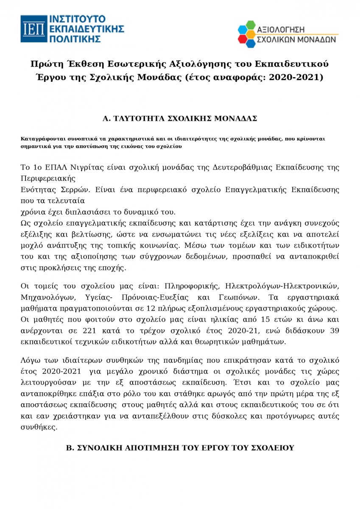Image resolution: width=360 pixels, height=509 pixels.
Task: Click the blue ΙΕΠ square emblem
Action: coord(34,28)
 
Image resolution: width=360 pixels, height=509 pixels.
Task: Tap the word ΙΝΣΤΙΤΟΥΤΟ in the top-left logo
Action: coord(78,19)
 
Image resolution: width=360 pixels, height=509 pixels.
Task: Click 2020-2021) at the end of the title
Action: coord(299,77)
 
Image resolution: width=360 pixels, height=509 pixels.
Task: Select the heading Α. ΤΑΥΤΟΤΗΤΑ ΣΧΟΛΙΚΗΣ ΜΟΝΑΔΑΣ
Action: coord(180,118)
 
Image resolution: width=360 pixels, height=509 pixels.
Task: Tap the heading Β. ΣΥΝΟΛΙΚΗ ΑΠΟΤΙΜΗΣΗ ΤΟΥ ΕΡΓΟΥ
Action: coord(180,448)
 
